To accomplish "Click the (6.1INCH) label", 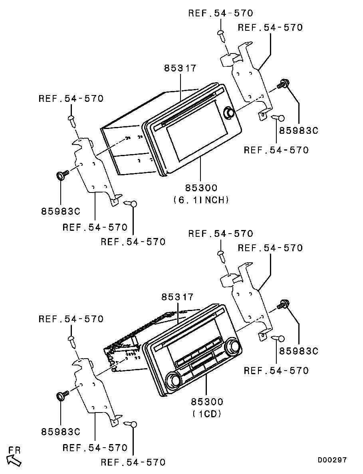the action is coord(201,200).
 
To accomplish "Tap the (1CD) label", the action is coord(207,414).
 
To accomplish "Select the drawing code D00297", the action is coord(332,460).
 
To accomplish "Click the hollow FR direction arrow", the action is coord(14,460).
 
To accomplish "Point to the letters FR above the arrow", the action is coord(14,450).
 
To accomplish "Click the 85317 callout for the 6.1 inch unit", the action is coord(180,68).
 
